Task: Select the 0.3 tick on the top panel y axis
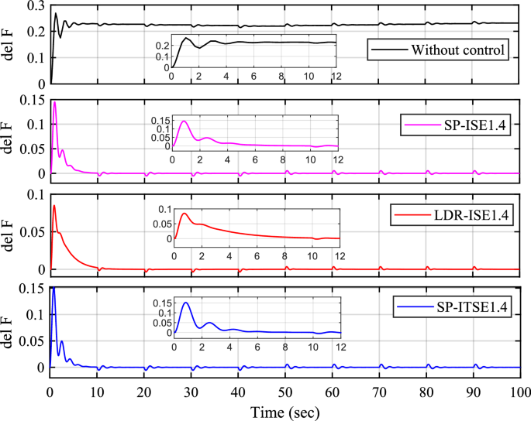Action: [33, 6]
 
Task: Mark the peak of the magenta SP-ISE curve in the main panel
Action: [54, 102]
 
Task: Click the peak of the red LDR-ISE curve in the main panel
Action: [54, 205]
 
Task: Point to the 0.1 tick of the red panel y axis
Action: [33, 194]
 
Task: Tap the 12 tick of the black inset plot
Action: [336, 77]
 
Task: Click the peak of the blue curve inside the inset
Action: [185, 303]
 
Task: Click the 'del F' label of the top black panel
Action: [9, 44]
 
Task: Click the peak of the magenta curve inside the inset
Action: [184, 121]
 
